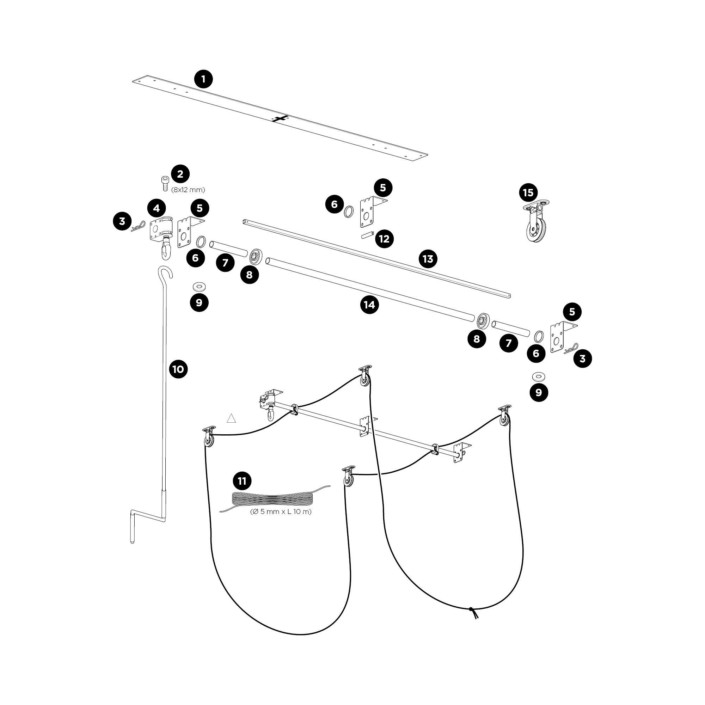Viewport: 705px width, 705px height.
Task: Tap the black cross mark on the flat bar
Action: coord(280,118)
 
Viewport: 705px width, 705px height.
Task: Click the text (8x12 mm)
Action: coord(188,190)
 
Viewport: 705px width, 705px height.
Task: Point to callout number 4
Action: coord(157,208)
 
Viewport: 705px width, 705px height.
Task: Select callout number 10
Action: coord(178,369)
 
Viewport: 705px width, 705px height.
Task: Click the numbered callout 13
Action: coord(428,259)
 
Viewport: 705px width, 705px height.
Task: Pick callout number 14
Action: coord(369,304)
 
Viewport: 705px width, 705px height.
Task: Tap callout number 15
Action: coord(528,192)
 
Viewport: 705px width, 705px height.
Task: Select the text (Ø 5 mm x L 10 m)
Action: coord(281,511)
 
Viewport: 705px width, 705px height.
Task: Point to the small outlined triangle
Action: coord(231,418)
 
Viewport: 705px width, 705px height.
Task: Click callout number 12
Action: coord(384,239)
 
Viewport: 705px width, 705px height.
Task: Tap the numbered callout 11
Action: coord(242,481)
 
